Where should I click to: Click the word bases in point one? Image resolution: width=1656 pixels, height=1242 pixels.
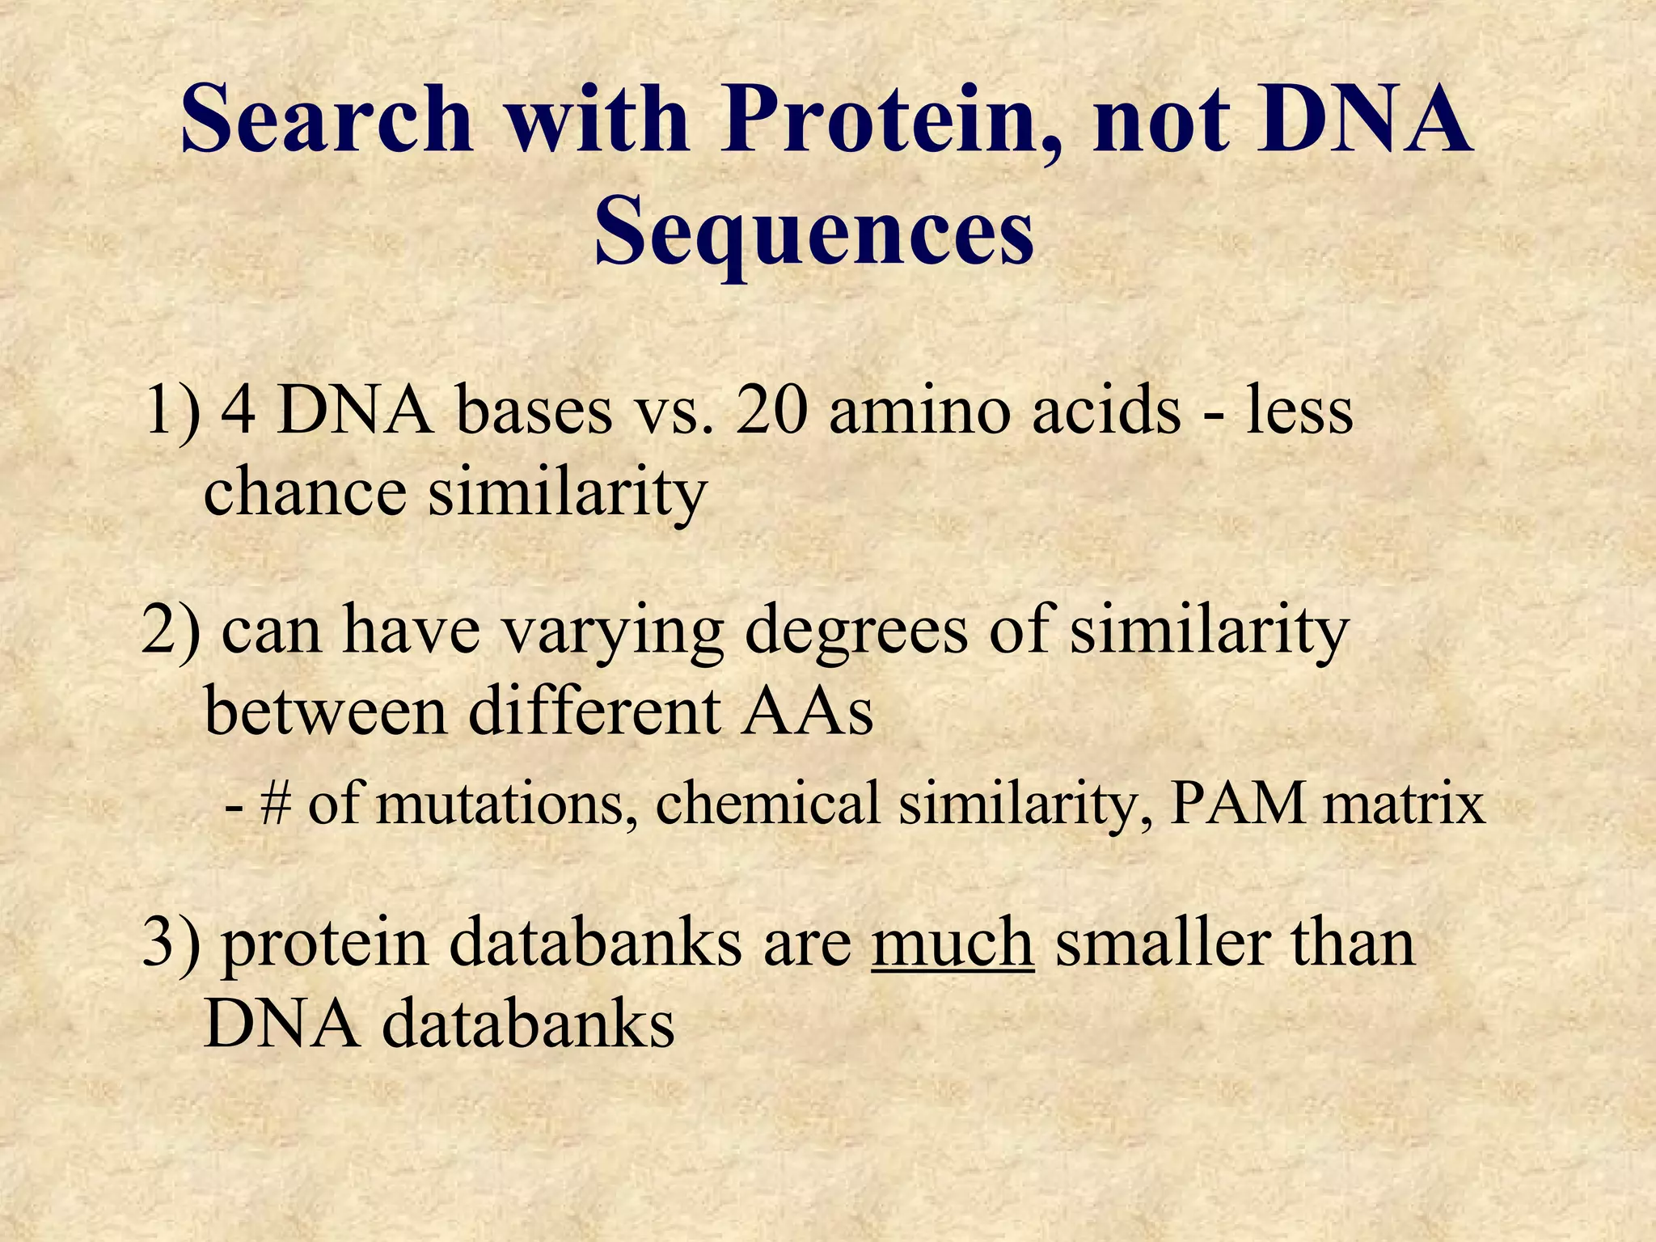tap(534, 411)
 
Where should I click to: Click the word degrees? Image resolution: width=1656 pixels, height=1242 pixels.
tap(856, 632)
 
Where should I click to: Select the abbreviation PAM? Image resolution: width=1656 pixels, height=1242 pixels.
tap(1236, 804)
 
